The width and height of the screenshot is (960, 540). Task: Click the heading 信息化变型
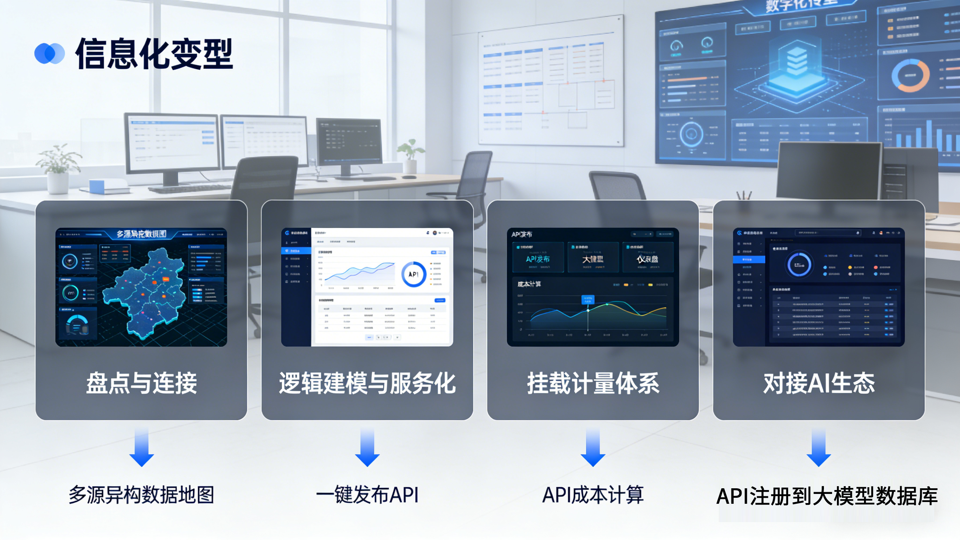pyautogui.click(x=154, y=54)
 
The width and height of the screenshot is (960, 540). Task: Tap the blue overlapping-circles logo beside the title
pyautogui.click(x=50, y=54)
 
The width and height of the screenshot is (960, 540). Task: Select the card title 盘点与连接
pyautogui.click(x=142, y=383)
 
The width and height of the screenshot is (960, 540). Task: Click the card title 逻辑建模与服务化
pyautogui.click(x=367, y=383)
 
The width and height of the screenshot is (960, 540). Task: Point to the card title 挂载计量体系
pyautogui.click(x=593, y=383)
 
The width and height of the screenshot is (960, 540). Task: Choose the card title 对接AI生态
pyautogui.click(x=819, y=383)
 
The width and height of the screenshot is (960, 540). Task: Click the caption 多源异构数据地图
pyautogui.click(x=142, y=495)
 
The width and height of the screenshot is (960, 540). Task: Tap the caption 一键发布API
pyautogui.click(x=367, y=495)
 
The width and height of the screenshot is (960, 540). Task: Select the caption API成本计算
pyautogui.click(x=593, y=495)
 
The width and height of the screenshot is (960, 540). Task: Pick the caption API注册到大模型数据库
pyautogui.click(x=827, y=496)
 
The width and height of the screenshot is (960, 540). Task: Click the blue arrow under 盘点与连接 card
pyautogui.click(x=142, y=447)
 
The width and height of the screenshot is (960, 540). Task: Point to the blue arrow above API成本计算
pyautogui.click(x=593, y=447)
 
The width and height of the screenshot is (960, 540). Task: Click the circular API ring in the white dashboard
pyautogui.click(x=413, y=274)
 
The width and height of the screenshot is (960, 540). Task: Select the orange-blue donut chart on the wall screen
pyautogui.click(x=910, y=76)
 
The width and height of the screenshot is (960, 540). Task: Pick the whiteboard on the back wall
pyautogui.click(x=551, y=82)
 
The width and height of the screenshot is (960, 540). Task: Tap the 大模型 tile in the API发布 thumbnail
pyautogui.click(x=593, y=258)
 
